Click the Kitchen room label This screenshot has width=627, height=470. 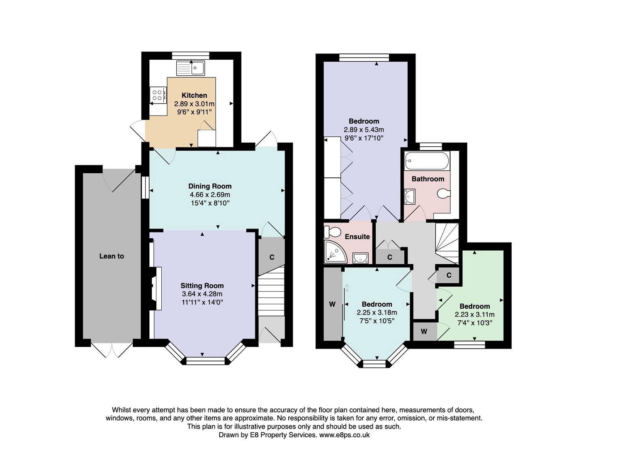click(194, 95)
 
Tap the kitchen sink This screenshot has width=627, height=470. click(190, 68)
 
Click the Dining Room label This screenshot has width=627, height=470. click(210, 187)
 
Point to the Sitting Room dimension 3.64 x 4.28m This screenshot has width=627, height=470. click(202, 294)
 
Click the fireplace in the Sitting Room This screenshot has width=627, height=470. click(156, 288)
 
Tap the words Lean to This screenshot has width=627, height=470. click(112, 256)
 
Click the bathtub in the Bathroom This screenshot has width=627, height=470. click(427, 161)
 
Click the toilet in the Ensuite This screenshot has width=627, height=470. click(332, 232)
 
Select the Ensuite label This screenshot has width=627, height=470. click(357, 237)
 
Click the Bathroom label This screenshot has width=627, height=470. click(428, 179)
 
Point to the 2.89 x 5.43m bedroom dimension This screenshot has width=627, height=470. click(364, 130)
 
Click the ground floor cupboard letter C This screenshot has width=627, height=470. click(272, 257)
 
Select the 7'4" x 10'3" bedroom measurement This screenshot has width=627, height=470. click(474, 323)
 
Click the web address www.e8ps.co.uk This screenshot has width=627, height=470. click(345, 435)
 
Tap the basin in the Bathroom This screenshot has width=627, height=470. click(410, 196)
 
